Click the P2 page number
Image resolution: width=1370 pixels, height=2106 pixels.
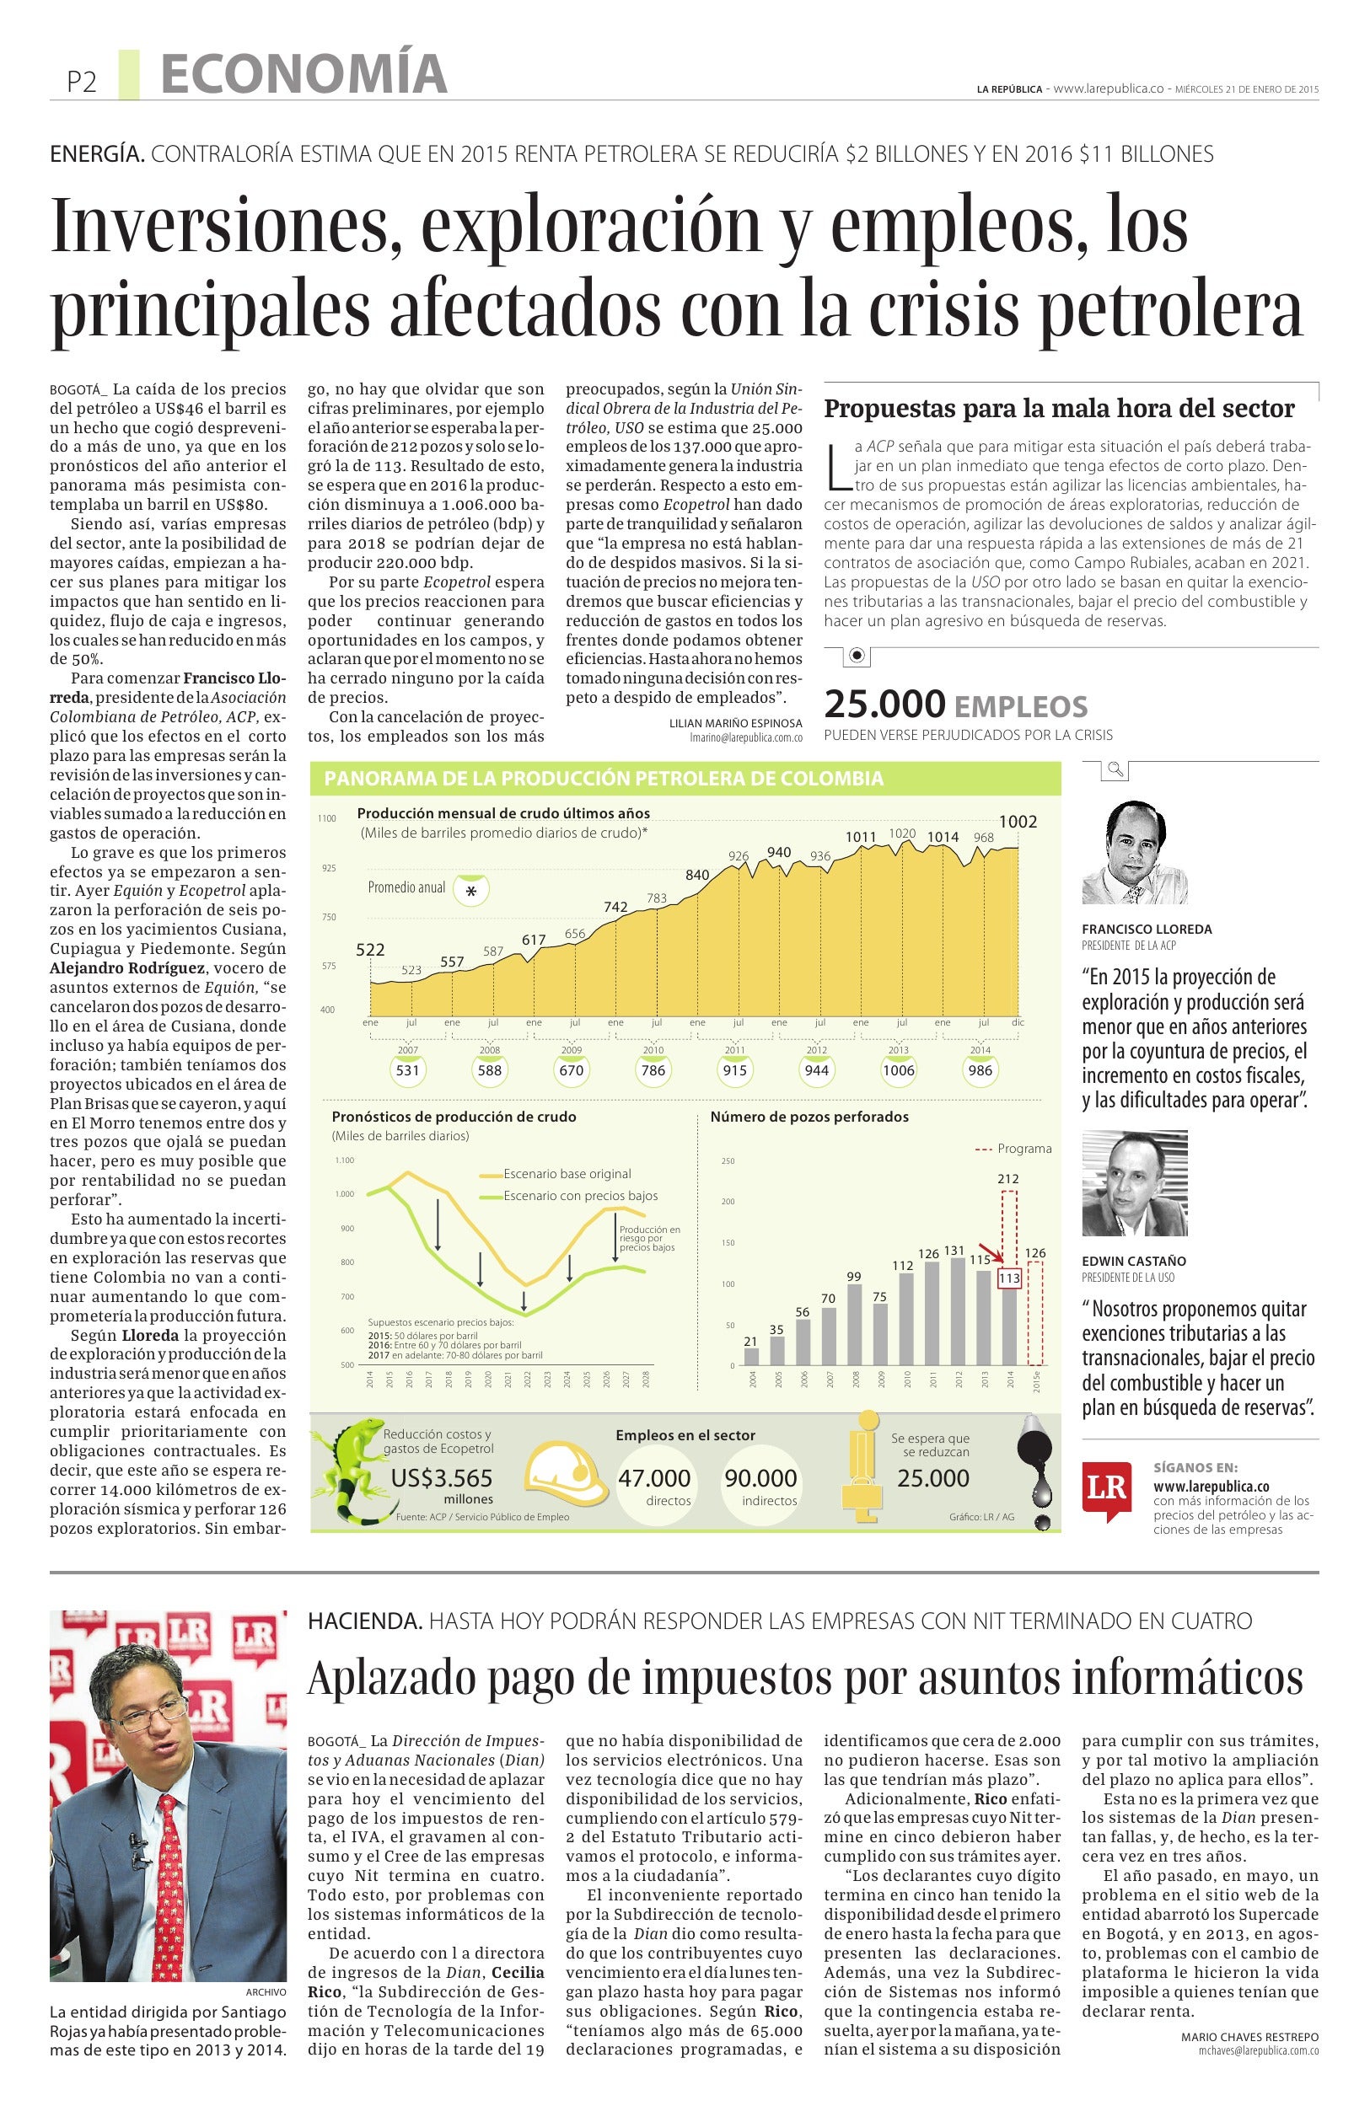81,83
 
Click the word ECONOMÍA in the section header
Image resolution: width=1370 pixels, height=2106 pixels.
304,74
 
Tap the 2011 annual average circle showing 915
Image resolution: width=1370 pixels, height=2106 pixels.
733,1069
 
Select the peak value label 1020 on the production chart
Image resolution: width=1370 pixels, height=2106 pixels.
902,833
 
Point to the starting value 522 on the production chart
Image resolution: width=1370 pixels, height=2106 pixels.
371,950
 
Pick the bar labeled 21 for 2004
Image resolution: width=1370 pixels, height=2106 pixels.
751,1356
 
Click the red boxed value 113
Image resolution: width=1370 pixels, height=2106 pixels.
1009,1278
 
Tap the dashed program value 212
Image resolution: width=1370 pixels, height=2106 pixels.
1008,1178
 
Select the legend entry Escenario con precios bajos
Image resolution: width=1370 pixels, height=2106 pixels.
580,1196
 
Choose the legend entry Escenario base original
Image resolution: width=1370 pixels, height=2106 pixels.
567,1173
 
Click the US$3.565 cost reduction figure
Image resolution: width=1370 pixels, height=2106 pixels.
442,1478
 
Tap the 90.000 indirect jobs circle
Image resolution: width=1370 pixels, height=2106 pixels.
760,1478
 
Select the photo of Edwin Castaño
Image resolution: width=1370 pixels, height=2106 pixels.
1134,1182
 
